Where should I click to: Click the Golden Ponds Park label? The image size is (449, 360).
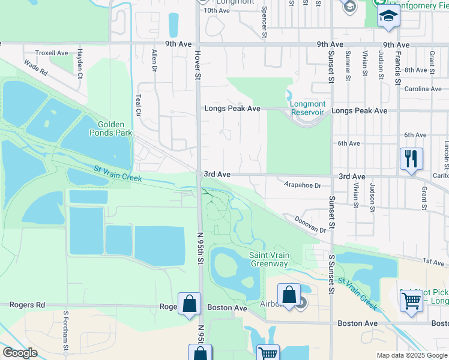110,128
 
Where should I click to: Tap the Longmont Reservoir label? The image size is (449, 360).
307,108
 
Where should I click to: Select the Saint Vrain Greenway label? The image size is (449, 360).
269,259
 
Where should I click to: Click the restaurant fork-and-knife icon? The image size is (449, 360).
411,160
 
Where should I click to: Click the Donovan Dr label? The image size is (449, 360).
310,226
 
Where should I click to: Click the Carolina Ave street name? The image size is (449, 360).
422,89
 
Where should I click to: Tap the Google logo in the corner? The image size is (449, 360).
19,353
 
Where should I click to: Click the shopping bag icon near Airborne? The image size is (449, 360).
289,296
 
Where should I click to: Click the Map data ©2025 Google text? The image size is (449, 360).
411,355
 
